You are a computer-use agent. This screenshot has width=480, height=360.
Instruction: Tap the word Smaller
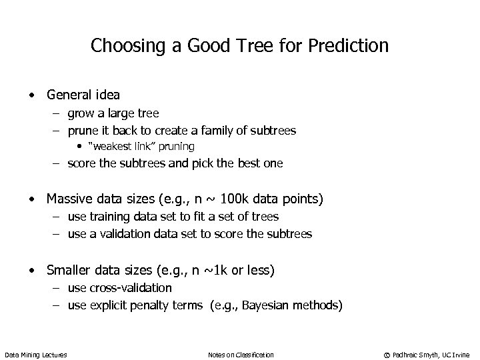point(70,270)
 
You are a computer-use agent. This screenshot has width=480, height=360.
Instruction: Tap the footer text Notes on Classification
point(241,354)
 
